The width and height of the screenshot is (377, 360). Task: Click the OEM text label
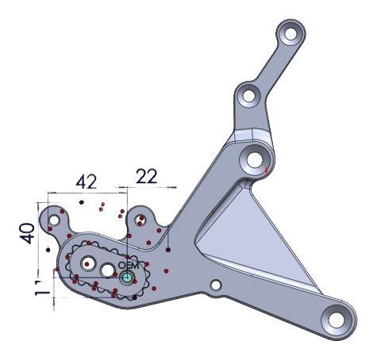(128, 265)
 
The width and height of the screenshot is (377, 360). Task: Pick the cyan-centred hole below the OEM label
(126, 278)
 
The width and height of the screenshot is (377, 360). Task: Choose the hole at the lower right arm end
(336, 321)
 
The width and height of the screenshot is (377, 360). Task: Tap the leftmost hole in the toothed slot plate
(87, 262)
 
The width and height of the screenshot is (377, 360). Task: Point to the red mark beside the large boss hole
(267, 169)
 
